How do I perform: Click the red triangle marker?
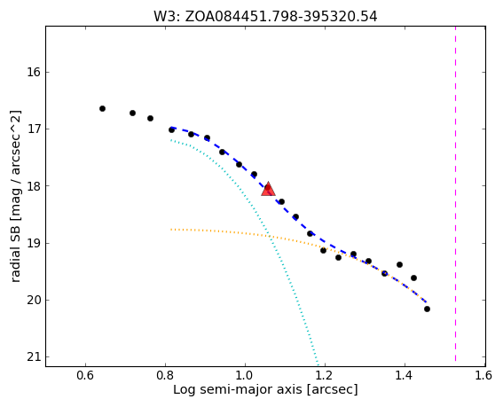[x=268, y=189]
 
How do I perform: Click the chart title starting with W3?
[x=265, y=16]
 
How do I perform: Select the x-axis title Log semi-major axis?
[x=265, y=389]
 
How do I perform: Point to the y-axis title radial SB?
[x=15, y=196]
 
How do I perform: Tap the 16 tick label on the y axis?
[x=34, y=72]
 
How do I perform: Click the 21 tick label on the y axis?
[x=34, y=357]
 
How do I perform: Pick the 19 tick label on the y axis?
[x=34, y=244]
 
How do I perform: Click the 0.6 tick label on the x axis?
[x=86, y=375]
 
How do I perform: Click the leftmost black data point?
[x=102, y=109]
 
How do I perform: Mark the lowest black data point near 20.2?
[x=427, y=309]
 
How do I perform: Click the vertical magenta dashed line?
[x=455, y=196]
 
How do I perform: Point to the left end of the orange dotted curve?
[x=171, y=230]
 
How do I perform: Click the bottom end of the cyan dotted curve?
[x=318, y=364]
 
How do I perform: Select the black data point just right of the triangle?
[x=281, y=202]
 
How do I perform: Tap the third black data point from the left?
[x=150, y=118]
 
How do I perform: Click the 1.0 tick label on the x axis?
[x=245, y=375]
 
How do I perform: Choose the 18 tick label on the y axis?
[x=34, y=186]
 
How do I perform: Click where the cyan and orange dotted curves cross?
[x=269, y=236]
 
